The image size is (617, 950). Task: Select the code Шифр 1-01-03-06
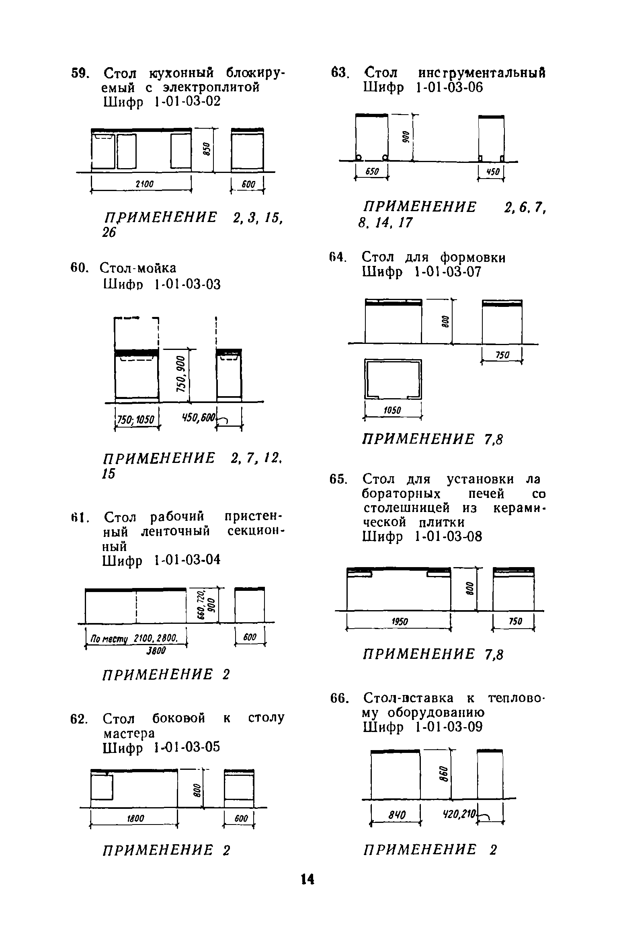[x=422, y=87]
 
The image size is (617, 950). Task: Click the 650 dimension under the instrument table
[x=372, y=171]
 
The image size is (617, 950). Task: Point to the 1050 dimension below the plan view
[x=392, y=410]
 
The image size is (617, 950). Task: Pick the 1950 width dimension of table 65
[x=400, y=622]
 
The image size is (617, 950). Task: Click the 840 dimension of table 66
[x=396, y=815]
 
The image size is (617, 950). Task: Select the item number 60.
[x=79, y=268]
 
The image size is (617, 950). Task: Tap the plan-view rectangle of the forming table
[x=393, y=379]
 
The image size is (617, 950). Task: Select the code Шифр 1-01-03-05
[x=162, y=747]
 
